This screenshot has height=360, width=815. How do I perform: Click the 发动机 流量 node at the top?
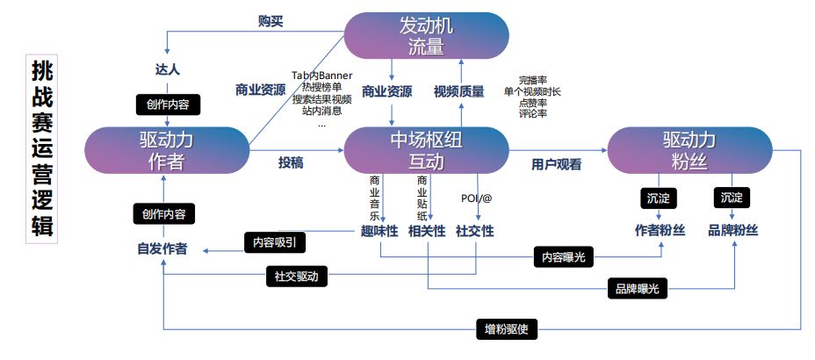[x=426, y=35]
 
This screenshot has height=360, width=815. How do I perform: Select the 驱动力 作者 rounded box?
[x=167, y=150]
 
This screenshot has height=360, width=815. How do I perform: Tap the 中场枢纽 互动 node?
[x=426, y=150]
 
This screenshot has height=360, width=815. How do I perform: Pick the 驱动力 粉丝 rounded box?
[x=689, y=150]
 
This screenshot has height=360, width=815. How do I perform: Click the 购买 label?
[x=270, y=22]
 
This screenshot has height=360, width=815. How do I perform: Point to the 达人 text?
[x=168, y=69]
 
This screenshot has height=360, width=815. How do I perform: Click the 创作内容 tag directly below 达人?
[x=168, y=104]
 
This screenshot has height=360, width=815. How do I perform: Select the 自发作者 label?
[x=162, y=248]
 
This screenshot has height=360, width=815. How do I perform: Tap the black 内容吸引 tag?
[x=275, y=242]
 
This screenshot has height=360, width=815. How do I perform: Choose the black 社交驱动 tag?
[x=296, y=276]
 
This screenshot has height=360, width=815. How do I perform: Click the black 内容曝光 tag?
[x=564, y=256]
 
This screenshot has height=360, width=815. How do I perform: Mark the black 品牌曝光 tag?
[x=638, y=288]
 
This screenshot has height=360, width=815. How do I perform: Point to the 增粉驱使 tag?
[x=507, y=329]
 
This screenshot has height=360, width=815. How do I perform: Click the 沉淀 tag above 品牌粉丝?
[x=732, y=198]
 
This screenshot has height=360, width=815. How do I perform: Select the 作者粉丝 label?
[x=660, y=231]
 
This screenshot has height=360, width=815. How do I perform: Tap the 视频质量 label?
[x=459, y=92]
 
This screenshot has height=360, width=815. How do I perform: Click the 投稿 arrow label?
[x=291, y=163]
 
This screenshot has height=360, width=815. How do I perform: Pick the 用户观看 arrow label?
[x=556, y=165]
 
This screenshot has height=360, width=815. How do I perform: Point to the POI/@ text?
[x=476, y=198]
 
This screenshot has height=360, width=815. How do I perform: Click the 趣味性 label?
[x=379, y=231]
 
